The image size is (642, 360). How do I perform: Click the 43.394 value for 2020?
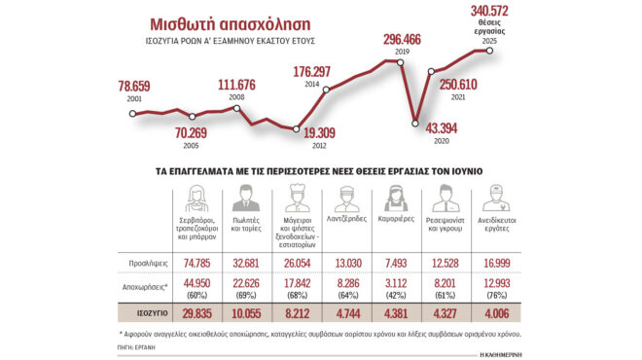pos(436,128)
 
